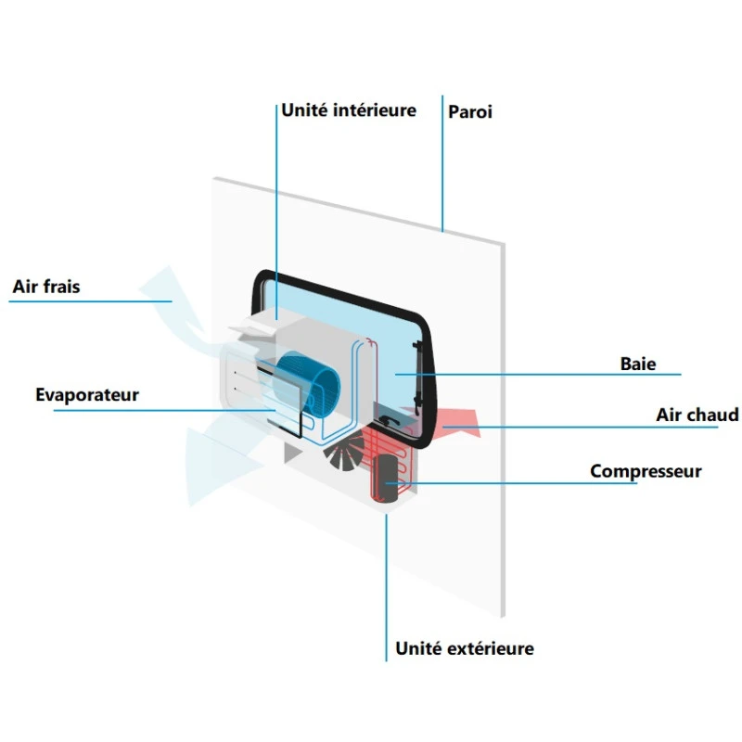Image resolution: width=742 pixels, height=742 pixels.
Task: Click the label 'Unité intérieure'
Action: coord(348,110)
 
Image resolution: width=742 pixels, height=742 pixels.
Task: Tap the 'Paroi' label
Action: coord(470,112)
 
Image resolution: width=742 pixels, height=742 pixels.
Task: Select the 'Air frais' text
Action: coord(46,287)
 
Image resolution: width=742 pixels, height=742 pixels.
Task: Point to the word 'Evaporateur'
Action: coord(87,395)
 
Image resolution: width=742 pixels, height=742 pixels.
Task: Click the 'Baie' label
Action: coord(638,364)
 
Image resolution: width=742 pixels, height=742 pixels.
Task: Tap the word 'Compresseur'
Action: coord(646,471)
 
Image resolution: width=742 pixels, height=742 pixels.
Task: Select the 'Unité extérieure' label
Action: coord(465,648)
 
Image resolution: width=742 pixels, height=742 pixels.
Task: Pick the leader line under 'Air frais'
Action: coord(93,301)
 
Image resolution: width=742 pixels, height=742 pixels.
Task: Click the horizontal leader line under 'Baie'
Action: coord(556,375)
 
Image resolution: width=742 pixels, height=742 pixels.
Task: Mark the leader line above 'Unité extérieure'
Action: coord(386,584)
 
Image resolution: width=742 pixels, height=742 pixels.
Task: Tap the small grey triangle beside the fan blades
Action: coord(293,454)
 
